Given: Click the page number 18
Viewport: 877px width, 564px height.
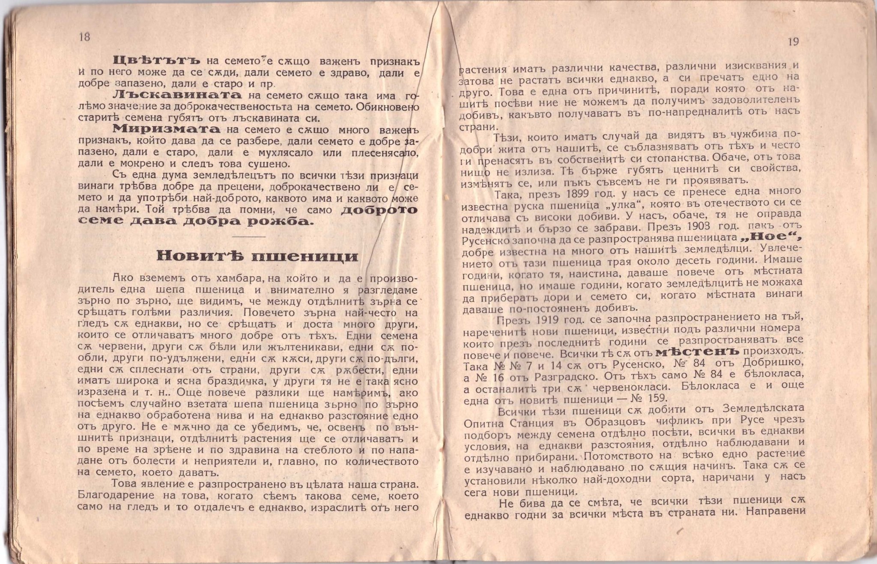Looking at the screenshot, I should (84, 37).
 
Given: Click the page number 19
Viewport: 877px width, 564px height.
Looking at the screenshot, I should (793, 42).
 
